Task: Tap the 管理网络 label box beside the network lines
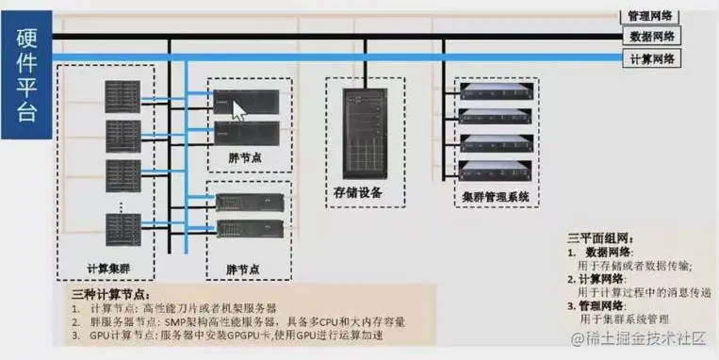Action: tap(651, 16)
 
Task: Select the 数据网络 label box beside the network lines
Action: tap(651, 37)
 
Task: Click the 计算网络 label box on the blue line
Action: tap(651, 58)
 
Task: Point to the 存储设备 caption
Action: tap(358, 192)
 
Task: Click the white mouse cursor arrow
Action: tap(239, 109)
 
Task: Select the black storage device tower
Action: tap(358, 131)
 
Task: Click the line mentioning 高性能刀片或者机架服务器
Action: tap(179, 308)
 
